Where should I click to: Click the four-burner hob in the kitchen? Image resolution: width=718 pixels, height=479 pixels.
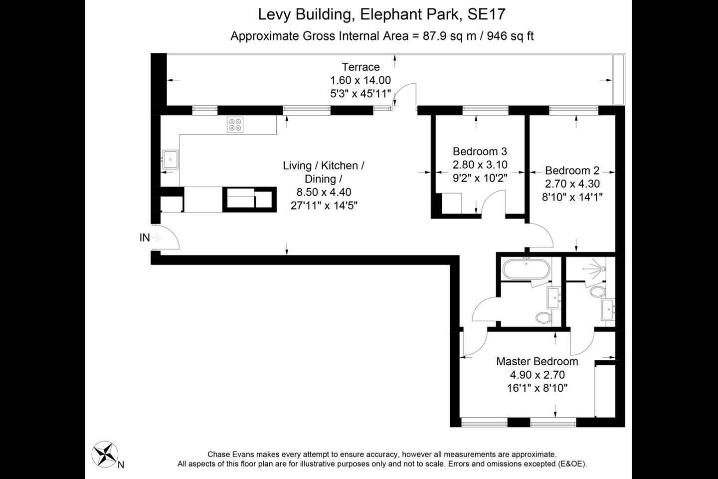coord(235,125)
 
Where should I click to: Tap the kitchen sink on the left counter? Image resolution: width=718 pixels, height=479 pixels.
coord(170,159)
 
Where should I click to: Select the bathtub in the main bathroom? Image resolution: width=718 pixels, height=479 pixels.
coord(526,269)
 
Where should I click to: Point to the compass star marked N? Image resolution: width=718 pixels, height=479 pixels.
coord(105,454)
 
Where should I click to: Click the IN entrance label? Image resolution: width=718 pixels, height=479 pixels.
coord(145,238)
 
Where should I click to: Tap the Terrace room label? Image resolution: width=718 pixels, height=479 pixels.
coord(360,67)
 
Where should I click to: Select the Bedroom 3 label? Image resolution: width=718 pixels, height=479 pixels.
coord(480,151)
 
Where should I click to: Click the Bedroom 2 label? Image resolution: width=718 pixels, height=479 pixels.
coord(572,170)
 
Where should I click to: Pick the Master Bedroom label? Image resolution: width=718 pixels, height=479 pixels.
coord(537,361)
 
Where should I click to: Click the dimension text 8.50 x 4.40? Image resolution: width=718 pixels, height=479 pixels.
coord(324,192)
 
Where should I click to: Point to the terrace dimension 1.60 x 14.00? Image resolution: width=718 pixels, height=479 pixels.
coord(360,80)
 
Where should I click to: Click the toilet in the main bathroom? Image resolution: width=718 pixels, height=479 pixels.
coord(543,318)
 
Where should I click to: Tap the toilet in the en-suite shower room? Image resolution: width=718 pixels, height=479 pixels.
coord(597,291)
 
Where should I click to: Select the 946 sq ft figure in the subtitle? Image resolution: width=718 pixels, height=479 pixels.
coord(510,36)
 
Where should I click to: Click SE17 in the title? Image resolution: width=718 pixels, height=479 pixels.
coord(487,14)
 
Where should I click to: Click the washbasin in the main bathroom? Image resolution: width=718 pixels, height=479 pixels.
coord(554,298)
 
